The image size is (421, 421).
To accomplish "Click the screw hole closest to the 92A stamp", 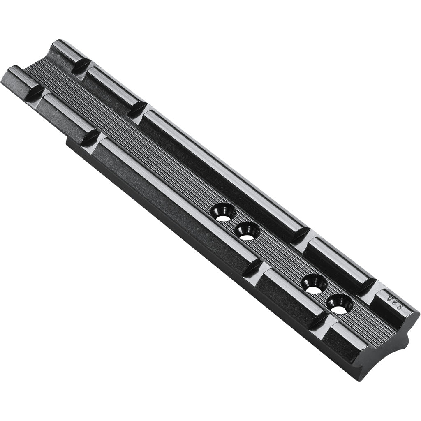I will [340, 305].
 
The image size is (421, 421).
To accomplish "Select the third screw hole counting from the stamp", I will [247, 231].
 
